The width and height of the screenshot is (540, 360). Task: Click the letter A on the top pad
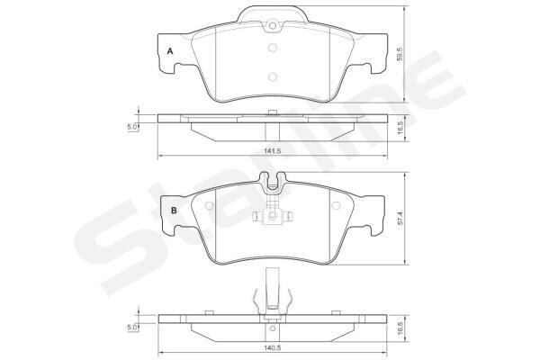pyautogui.click(x=170, y=51)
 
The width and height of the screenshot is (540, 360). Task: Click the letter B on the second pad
pyautogui.click(x=174, y=211)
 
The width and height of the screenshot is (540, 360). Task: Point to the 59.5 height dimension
pyautogui.click(x=400, y=54)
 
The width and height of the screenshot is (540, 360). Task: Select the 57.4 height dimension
pyautogui.click(x=400, y=219)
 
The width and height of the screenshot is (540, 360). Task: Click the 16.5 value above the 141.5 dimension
pyautogui.click(x=400, y=128)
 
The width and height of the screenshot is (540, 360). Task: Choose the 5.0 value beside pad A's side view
pyautogui.click(x=132, y=127)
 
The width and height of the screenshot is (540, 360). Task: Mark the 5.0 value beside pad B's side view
pyautogui.click(x=132, y=328)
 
